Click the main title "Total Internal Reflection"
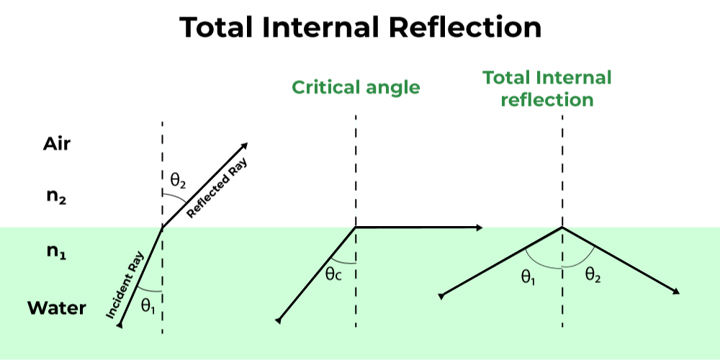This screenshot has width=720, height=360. tap(360, 27)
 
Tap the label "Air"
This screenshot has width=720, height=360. tap(57, 144)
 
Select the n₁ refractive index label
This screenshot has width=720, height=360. tap(57, 253)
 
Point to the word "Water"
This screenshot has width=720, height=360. tap(57, 309)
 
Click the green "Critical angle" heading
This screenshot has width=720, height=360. tap(356, 88)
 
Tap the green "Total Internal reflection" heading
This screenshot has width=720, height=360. tap(546, 89)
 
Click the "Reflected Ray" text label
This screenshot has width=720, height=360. tap(215, 189)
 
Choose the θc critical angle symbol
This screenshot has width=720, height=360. tap(333, 274)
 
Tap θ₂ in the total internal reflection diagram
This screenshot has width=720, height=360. tap(593, 274)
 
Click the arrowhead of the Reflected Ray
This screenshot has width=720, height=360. tap(245, 144)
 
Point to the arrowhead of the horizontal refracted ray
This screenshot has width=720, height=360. tap(477, 228)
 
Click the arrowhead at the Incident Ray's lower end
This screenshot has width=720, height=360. tap(120, 326)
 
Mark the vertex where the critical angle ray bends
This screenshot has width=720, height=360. tap(355, 228)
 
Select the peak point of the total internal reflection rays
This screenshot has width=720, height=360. tap(562, 228)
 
